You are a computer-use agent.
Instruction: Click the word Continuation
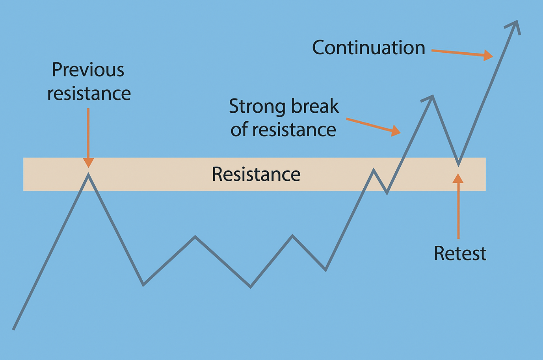click(368, 48)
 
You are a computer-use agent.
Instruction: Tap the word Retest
click(460, 253)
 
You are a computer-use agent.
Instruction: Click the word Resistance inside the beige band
click(256, 174)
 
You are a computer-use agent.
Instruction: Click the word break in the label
click(315, 106)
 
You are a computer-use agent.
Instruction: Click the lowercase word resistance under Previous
click(89, 94)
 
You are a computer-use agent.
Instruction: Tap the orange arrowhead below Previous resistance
click(89, 163)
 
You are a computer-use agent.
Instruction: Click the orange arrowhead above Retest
click(458, 178)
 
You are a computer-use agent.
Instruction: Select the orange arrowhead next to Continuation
click(488, 55)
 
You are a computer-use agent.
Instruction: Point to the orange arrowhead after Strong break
click(396, 131)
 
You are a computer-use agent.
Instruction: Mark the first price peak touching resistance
click(88, 174)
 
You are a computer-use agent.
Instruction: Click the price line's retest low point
click(458, 166)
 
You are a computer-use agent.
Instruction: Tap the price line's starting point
click(13, 330)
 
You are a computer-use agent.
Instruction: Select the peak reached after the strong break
click(432, 96)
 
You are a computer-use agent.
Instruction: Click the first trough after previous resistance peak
click(143, 285)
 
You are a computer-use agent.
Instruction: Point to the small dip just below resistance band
click(387, 193)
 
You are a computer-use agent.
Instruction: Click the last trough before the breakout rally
click(325, 270)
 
